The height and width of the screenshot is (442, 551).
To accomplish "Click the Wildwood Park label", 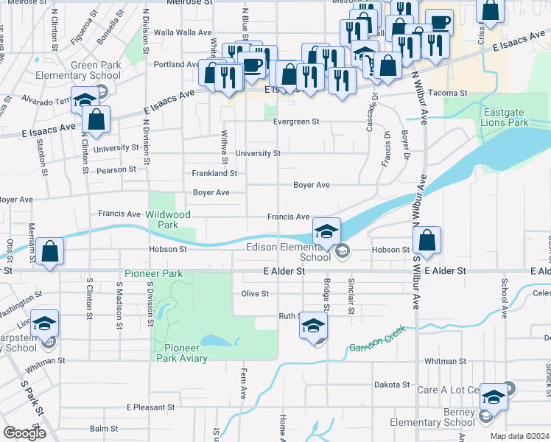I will [x=168, y=219].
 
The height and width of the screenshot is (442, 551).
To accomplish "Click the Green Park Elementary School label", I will [x=96, y=70].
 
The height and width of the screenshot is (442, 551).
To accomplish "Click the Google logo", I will [x=24, y=433].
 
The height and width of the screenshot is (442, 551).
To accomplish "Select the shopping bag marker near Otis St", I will [x=49, y=252].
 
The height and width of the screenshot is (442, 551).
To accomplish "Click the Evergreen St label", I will [x=296, y=122].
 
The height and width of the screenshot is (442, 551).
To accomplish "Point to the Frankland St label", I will [x=214, y=174].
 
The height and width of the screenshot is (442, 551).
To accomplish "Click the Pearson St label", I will [x=116, y=169].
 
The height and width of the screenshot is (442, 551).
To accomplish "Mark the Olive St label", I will [x=255, y=293].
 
